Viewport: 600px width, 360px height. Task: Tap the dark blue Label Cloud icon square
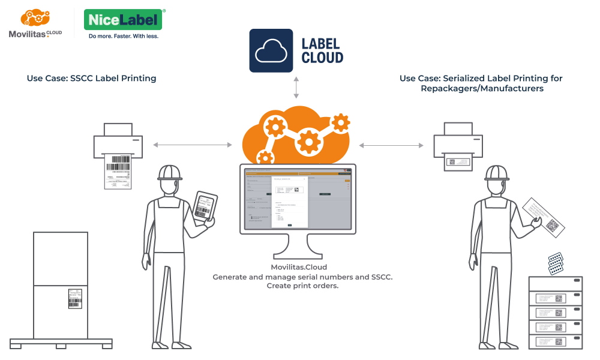click(271, 51)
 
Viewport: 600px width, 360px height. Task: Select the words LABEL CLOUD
click(322, 51)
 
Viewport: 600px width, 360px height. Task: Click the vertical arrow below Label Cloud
click(295, 88)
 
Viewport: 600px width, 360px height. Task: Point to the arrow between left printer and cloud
click(192, 145)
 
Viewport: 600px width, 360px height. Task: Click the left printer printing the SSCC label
click(118, 144)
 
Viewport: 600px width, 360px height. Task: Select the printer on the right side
click(458, 144)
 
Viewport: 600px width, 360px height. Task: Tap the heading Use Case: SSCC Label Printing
click(91, 78)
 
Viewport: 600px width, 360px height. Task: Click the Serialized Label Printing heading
click(481, 83)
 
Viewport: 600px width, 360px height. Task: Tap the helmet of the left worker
click(170, 172)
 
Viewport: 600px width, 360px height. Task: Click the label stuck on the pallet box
click(74, 298)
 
